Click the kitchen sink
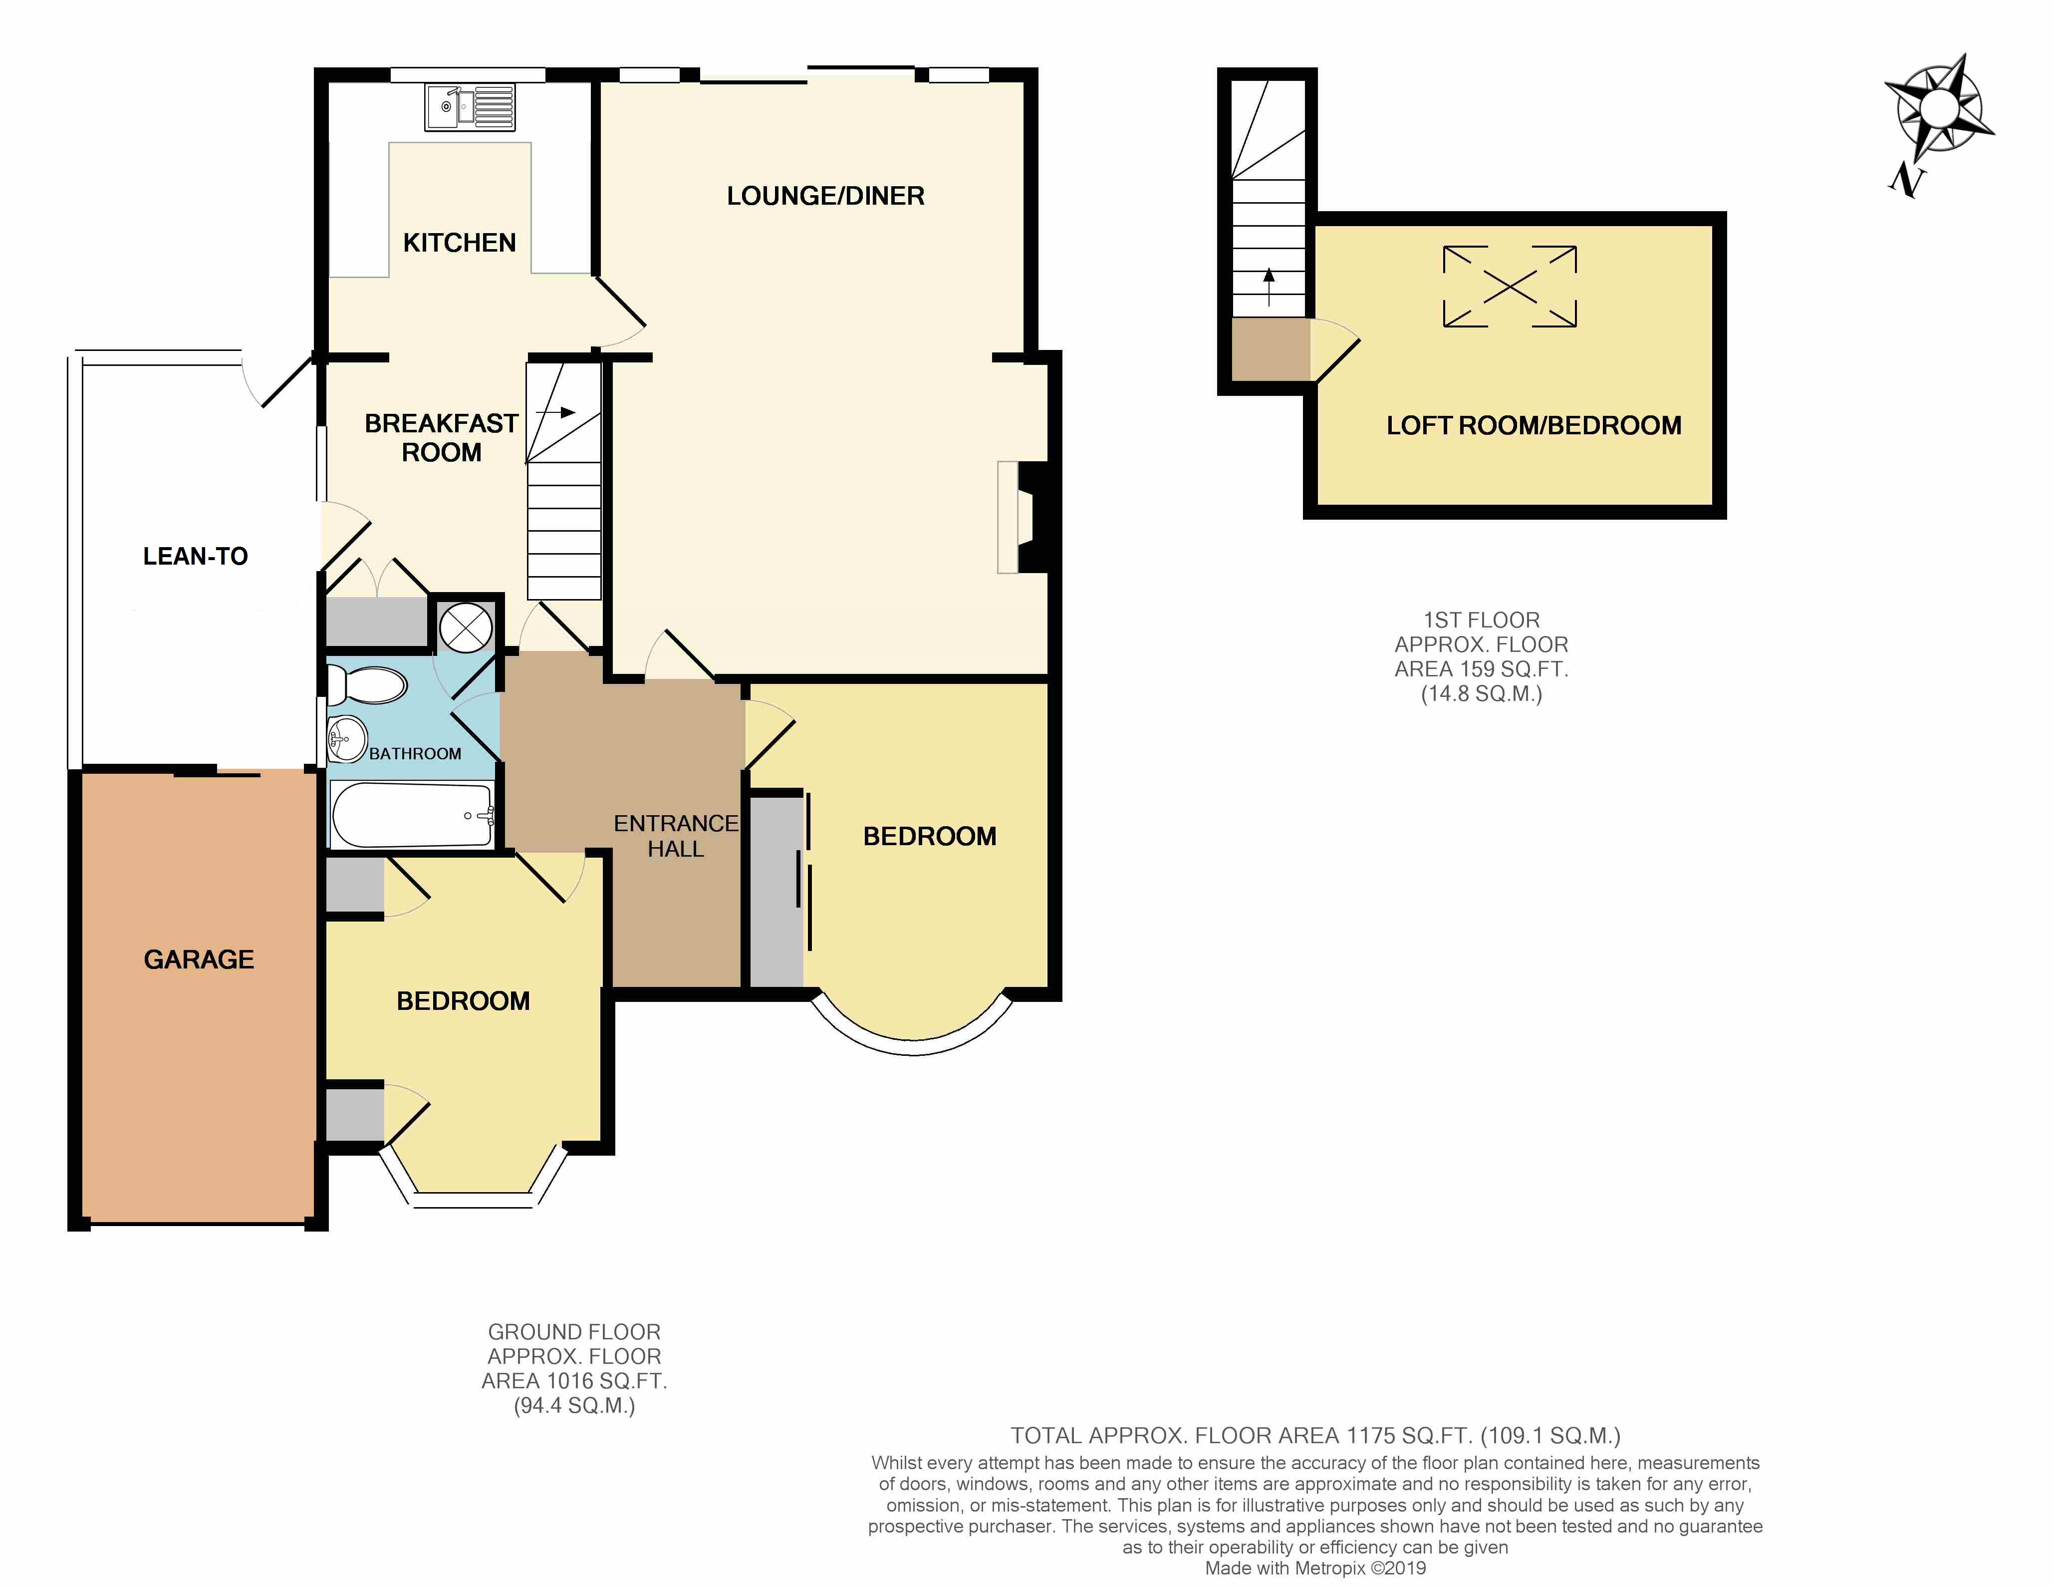click(x=469, y=107)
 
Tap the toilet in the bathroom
click(x=366, y=685)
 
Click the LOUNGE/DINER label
click(x=826, y=196)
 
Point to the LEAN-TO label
click(x=196, y=556)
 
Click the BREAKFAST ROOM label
click(x=441, y=437)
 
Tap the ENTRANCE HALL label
click(x=675, y=835)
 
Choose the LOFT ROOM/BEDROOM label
click(x=1534, y=425)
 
